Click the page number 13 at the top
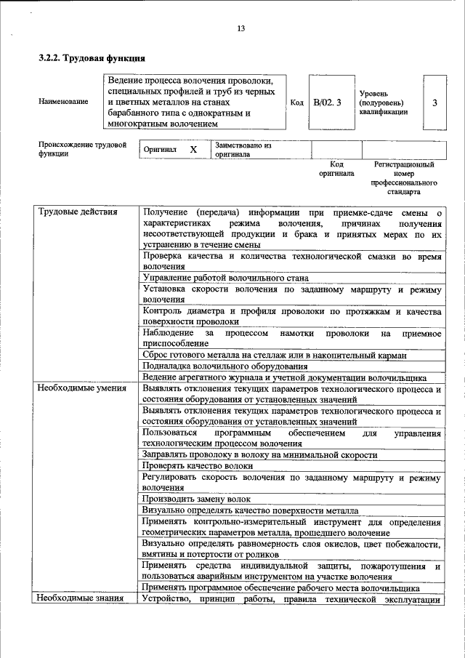tap(240, 29)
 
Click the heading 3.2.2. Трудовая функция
tap(93, 57)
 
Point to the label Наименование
tap(63, 103)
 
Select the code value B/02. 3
tap(327, 103)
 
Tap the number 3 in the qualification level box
tap(434, 103)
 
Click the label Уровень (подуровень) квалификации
tap(383, 103)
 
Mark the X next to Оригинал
tap(193, 149)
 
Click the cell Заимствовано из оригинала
tap(242, 150)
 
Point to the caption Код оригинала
tap(336, 169)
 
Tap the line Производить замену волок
tap(196, 499)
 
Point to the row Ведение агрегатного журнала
tap(283, 377)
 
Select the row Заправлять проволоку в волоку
tap(259, 454)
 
